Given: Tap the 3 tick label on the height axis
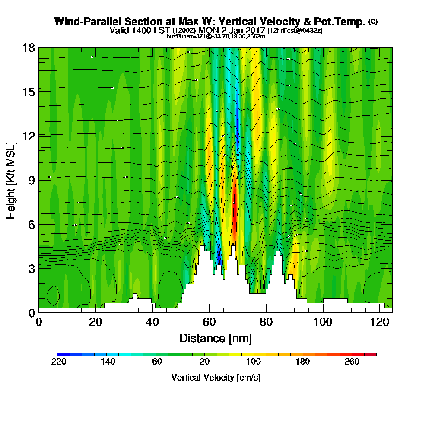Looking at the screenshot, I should pyautogui.click(x=31, y=268).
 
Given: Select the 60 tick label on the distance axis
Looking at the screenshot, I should pyautogui.click(x=209, y=322).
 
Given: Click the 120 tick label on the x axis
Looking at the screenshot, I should pyautogui.click(x=379, y=322).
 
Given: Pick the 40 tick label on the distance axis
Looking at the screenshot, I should pyautogui.click(x=152, y=322).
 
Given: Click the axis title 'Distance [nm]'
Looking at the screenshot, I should pyautogui.click(x=216, y=338).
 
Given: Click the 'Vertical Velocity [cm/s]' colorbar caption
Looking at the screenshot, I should pyautogui.click(x=216, y=378).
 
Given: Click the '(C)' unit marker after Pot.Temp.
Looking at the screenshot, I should pyautogui.click(x=373, y=22).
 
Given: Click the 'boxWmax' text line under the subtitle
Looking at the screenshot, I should pyautogui.click(x=216, y=36).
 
